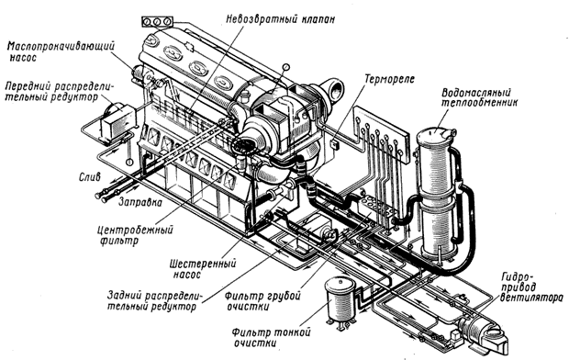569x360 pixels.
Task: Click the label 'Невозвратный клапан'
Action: [280, 19]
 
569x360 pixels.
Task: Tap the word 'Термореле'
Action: [389, 79]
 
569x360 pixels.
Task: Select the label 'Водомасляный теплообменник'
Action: [479, 97]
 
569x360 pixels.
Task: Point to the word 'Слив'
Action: [89, 177]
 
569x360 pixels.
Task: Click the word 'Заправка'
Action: [140, 202]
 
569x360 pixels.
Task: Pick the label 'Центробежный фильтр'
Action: [135, 235]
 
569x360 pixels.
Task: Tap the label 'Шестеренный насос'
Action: [203, 269]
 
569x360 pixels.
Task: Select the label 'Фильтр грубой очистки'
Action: [262, 301]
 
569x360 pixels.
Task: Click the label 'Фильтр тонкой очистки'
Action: [272, 338]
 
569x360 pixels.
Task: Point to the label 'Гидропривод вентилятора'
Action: [530, 287]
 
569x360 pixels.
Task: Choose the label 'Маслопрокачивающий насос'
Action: [61, 52]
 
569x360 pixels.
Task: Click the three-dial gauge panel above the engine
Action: [157, 22]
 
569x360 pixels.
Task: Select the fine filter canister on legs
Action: [340, 302]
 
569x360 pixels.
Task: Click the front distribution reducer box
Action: [117, 120]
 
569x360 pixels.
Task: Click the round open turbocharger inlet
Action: [333, 90]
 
